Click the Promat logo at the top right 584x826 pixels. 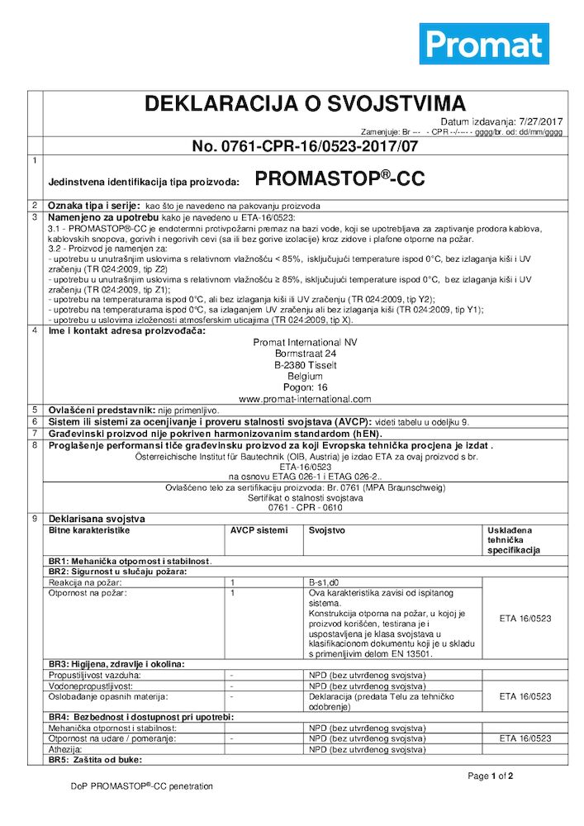[484, 44]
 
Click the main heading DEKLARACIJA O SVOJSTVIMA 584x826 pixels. [305, 103]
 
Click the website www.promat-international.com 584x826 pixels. [305, 398]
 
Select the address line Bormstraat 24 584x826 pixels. [305, 353]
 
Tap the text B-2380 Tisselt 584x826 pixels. [305, 364]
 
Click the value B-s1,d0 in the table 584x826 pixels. [324, 582]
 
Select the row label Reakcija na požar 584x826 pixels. [84, 582]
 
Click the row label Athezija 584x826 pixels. [66, 749]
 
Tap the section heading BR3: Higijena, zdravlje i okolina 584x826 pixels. [116, 663]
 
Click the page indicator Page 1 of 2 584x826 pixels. [491, 776]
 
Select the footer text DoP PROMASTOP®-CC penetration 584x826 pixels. [141, 786]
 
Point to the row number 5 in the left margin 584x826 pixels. [34, 409]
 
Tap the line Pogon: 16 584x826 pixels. [305, 387]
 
